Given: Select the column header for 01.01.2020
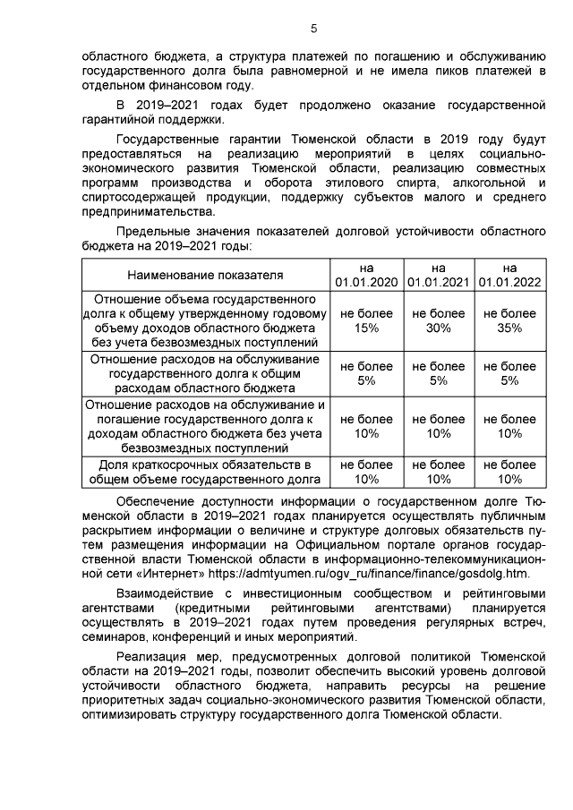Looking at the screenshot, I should click(x=366, y=274).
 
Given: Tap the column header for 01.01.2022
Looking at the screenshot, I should click(x=509, y=274).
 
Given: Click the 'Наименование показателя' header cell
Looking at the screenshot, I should click(x=204, y=274).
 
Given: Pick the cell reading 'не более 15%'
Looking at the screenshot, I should click(x=366, y=320).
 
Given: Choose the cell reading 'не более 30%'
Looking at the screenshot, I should click(x=438, y=320).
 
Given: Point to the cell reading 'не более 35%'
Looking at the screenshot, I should click(x=509, y=320).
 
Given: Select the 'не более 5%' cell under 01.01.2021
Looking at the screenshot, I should click(x=438, y=373).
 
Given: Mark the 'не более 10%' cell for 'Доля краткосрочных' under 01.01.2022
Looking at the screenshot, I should click(x=509, y=472).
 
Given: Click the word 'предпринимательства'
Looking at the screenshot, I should click(x=148, y=211).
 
